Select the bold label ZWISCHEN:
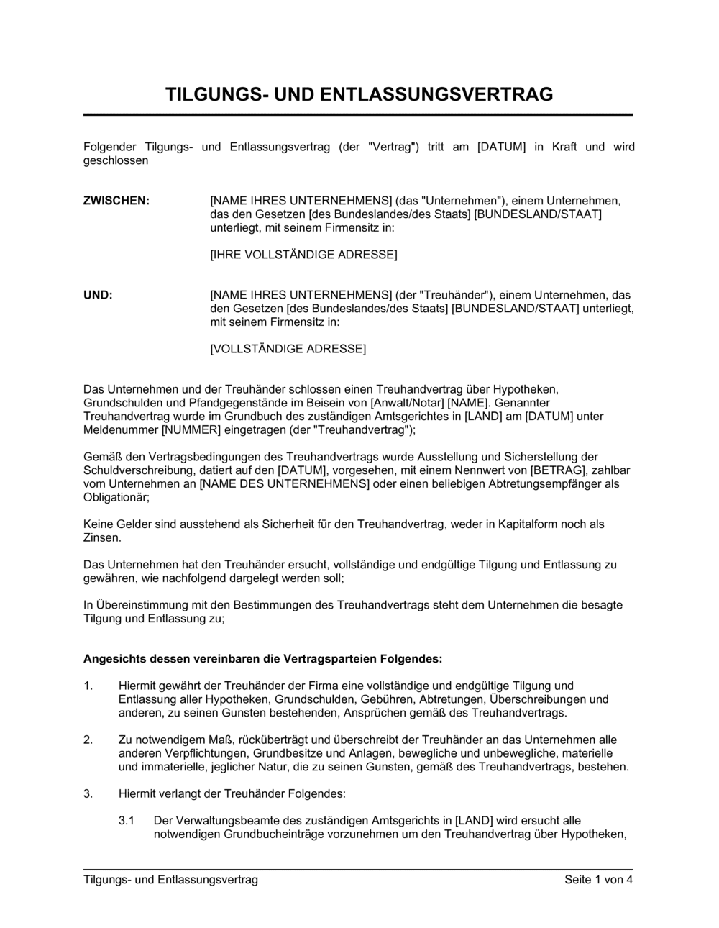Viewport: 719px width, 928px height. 116,200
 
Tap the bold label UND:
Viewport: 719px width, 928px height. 99,295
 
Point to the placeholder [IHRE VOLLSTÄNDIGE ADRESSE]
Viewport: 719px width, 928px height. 303,255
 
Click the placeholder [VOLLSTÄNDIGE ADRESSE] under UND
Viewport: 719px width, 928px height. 288,350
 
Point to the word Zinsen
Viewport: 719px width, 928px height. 102,538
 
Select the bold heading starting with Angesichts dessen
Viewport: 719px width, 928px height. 263,658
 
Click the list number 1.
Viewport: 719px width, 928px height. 88,686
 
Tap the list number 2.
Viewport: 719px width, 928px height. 88,740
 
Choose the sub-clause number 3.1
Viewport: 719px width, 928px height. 127,821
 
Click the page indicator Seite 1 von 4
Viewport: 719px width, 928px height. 598,879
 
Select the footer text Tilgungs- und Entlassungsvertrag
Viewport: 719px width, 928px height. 170,879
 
